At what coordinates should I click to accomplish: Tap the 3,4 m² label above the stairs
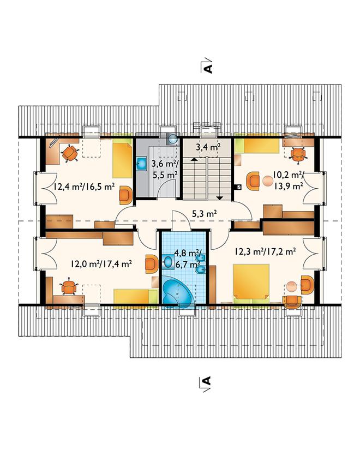point(208,147)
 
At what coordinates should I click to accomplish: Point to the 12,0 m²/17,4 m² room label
point(101,263)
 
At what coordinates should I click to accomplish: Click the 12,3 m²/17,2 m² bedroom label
point(265,251)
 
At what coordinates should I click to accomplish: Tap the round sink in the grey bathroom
point(173,139)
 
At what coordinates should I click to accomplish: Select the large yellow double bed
point(251,283)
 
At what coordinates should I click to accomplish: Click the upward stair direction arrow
point(194,159)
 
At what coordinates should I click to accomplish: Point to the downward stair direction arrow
point(220,197)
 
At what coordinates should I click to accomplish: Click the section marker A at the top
point(208,67)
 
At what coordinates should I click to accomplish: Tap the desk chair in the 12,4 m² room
point(70,153)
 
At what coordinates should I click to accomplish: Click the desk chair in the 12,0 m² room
point(69,286)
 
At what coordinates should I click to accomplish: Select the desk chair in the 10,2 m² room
point(298,154)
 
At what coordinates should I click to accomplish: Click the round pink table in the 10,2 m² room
point(268,181)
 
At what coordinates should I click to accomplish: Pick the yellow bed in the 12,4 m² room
point(122,161)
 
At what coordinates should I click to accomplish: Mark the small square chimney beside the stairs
point(238,187)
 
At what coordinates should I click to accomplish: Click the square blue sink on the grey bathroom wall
point(142,164)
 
